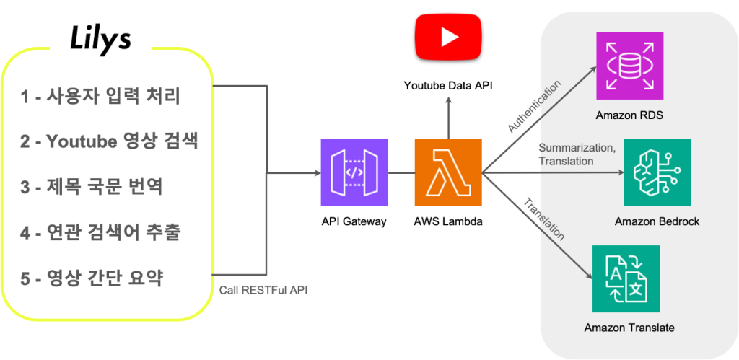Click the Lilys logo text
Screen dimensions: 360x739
pyautogui.click(x=100, y=40)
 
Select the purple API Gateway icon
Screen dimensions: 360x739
pyautogui.click(x=354, y=172)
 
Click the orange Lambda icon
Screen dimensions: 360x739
pyautogui.click(x=447, y=172)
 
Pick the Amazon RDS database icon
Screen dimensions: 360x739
pyautogui.click(x=629, y=66)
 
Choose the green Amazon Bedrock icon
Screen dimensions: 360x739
pyautogui.click(x=657, y=173)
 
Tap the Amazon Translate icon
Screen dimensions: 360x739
pyautogui.click(x=626, y=278)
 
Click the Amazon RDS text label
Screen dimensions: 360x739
pyautogui.click(x=629, y=115)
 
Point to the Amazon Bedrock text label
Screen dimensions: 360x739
pyautogui.click(x=657, y=221)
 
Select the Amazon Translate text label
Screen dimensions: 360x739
pyautogui.click(x=629, y=328)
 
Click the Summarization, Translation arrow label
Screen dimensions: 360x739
pyautogui.click(x=577, y=154)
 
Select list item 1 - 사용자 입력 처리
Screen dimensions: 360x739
pyautogui.click(x=99, y=95)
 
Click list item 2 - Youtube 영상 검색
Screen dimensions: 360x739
pyautogui.click(x=108, y=141)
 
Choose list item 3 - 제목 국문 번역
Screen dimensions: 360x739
pyautogui.click(x=91, y=187)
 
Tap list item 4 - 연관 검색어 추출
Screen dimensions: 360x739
pyautogui.click(x=100, y=232)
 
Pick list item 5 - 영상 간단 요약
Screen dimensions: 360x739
pyautogui.click(x=92, y=278)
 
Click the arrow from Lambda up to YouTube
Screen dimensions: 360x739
pyautogui.click(x=447, y=119)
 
